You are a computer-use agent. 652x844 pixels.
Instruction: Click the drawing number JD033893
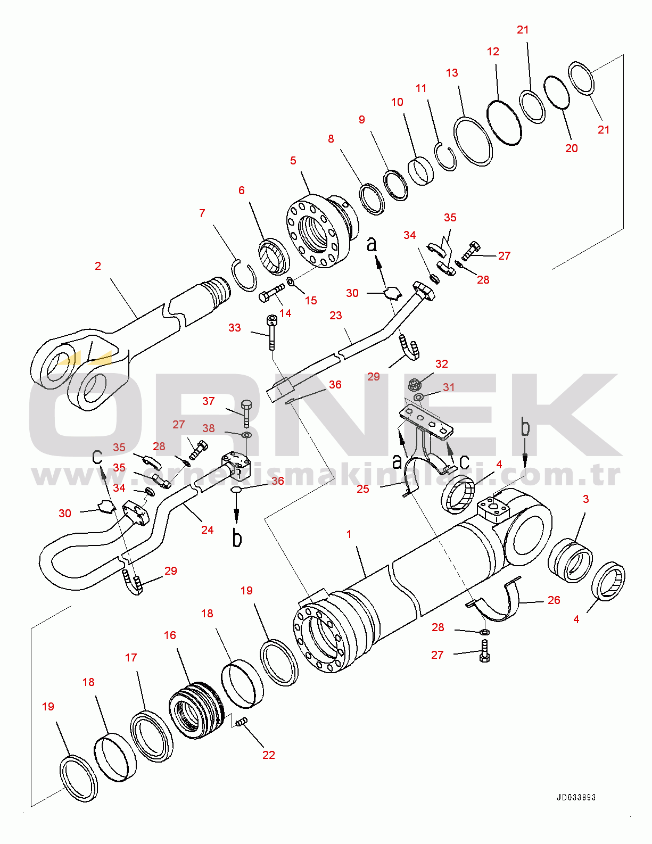[x=576, y=798]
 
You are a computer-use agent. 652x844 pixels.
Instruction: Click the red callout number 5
[x=293, y=161]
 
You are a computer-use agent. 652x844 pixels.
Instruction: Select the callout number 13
[x=452, y=73]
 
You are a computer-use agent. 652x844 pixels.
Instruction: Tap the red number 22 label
[x=269, y=754]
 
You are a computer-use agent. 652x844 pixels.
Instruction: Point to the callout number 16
[x=170, y=635]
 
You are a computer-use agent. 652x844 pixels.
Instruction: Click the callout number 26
[x=554, y=600]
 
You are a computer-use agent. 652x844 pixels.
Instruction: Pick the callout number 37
[x=209, y=401]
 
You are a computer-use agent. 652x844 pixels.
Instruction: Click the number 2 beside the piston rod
[x=98, y=266]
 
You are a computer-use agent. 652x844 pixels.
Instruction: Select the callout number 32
[x=442, y=364]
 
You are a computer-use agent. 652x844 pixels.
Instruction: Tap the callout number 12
[x=493, y=52]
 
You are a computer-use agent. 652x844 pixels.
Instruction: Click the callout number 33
[x=235, y=328]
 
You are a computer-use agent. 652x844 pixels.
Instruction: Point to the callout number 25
[x=363, y=489]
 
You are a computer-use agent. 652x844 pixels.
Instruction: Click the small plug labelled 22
[x=241, y=723]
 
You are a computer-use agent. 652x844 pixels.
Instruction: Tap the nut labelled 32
[x=415, y=385]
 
